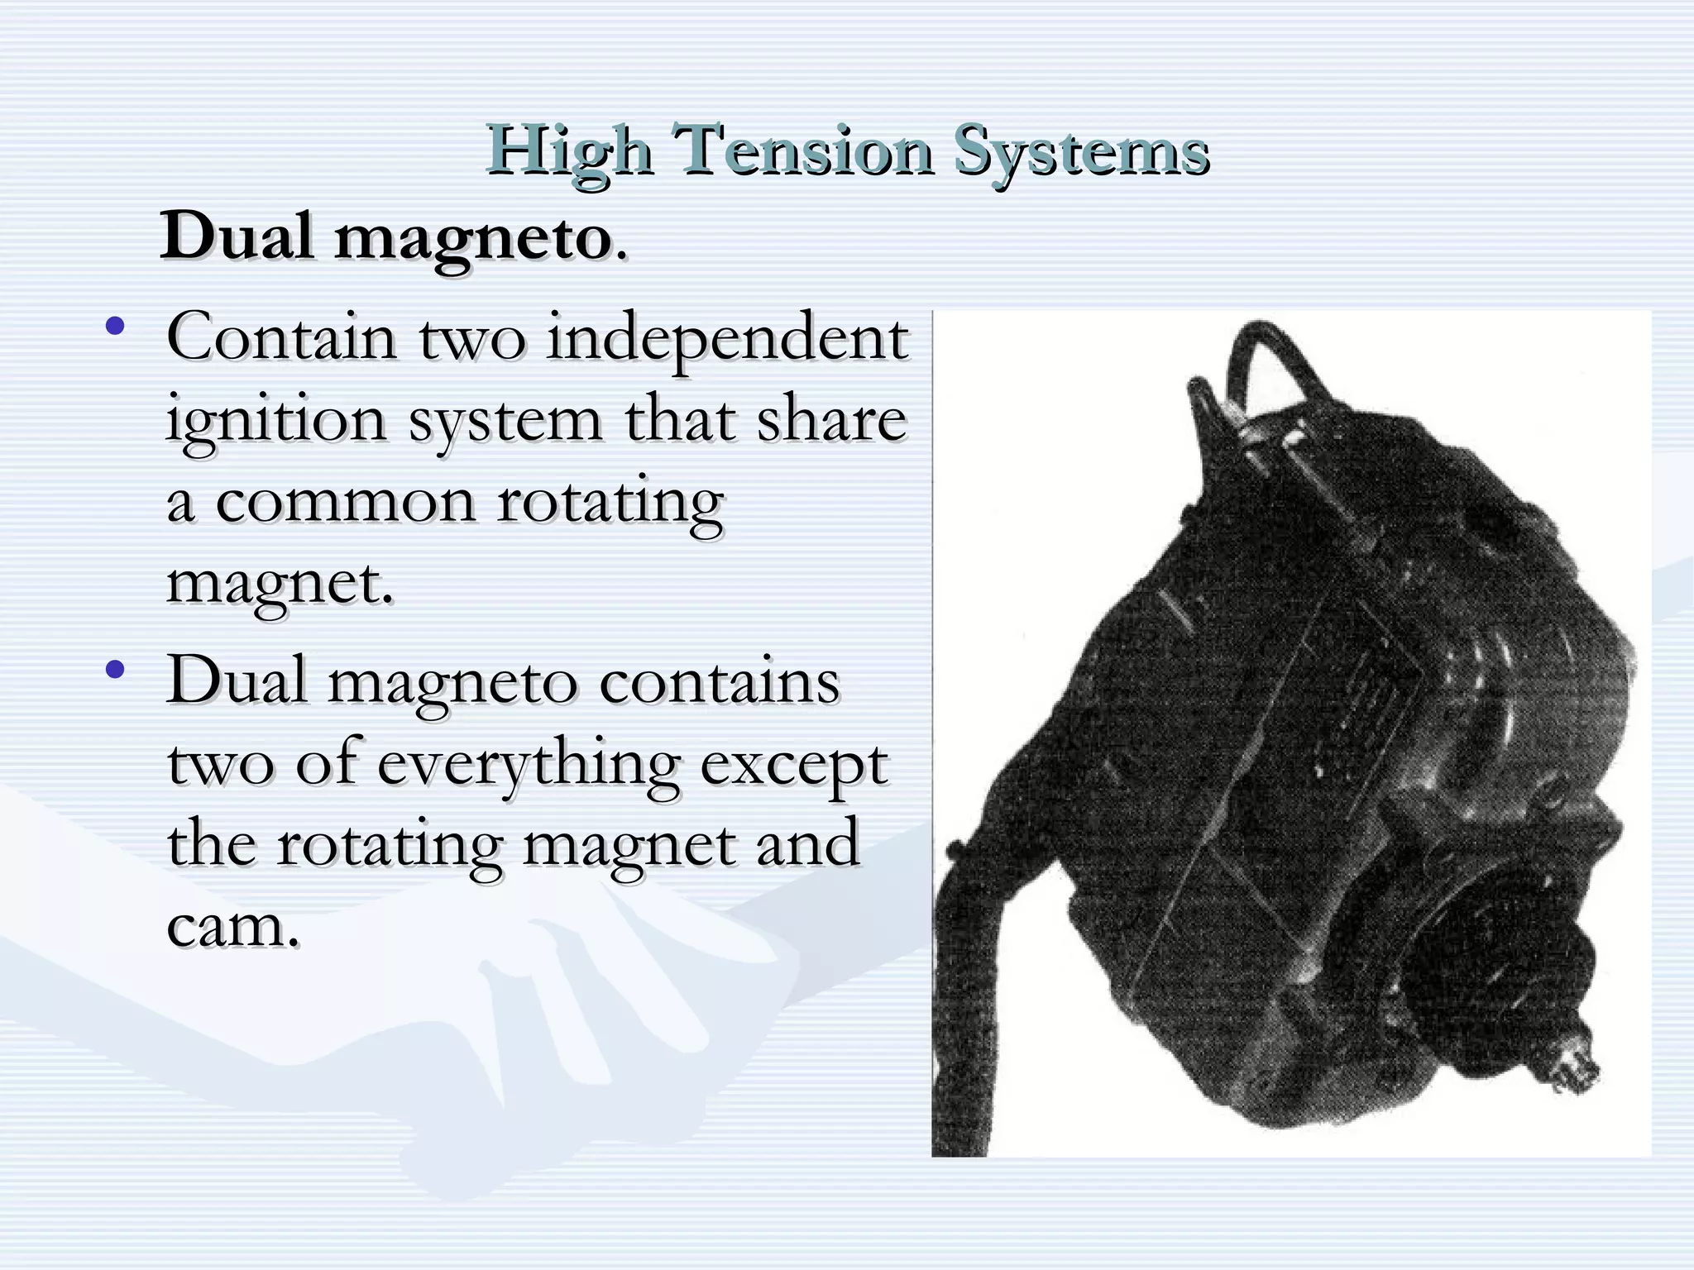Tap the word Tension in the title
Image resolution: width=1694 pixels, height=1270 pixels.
point(802,150)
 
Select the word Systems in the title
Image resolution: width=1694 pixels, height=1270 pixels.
point(1082,152)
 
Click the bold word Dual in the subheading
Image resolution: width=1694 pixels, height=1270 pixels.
point(237,237)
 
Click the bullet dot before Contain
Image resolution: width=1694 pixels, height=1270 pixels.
point(115,326)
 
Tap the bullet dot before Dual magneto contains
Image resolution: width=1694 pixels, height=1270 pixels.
point(115,669)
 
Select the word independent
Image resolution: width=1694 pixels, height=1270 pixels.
point(728,339)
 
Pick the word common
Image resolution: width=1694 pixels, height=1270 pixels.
point(345,503)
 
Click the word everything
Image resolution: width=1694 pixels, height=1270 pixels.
point(529,765)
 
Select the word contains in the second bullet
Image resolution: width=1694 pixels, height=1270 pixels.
point(720,682)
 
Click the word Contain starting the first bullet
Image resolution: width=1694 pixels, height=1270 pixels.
point(281,339)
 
